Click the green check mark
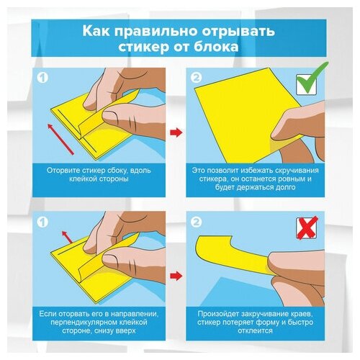[x=311, y=78]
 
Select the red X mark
[x=307, y=228]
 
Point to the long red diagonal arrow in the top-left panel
[x=60, y=139]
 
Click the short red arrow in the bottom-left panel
[x=67, y=238]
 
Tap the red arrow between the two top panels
[x=176, y=132]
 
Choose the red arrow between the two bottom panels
[x=176, y=276]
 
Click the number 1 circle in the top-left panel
[x=43, y=78]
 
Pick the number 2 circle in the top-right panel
[x=197, y=78]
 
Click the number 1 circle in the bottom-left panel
[x=43, y=222]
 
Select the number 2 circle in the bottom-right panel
[x=197, y=222]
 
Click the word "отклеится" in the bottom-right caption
[x=256, y=330]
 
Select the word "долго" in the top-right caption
[x=285, y=187]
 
